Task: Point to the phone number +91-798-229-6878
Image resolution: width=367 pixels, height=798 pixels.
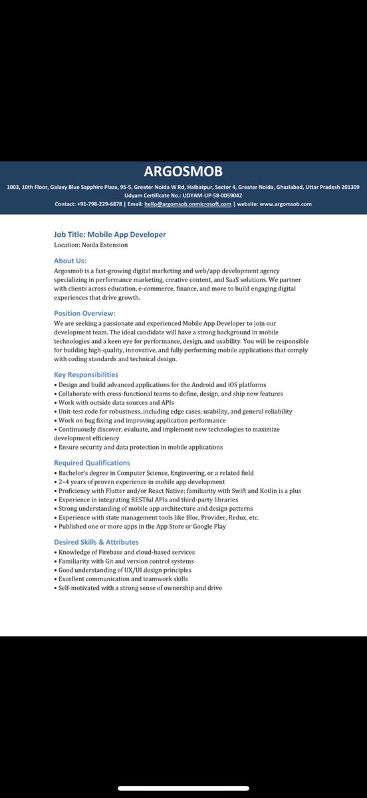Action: pyautogui.click(x=99, y=204)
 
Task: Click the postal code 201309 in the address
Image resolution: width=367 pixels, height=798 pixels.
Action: pyautogui.click(x=349, y=187)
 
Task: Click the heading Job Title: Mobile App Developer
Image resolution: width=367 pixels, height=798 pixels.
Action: pyautogui.click(x=110, y=234)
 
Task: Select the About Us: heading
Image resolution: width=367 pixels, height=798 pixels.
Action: pyautogui.click(x=70, y=261)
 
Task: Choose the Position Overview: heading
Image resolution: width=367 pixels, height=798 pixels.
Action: pyautogui.click(x=84, y=313)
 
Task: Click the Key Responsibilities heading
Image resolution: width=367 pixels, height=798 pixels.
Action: pyautogui.click(x=86, y=374)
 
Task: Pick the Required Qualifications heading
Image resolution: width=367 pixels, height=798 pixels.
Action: pyautogui.click(x=92, y=463)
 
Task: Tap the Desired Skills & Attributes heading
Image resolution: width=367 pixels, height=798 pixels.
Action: pyautogui.click(x=96, y=542)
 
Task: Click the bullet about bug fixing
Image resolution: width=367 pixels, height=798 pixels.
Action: pyautogui.click(x=141, y=420)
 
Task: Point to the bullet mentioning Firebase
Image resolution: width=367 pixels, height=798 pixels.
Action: pyautogui.click(x=126, y=552)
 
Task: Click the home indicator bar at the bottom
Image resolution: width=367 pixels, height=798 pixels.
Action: pyautogui.click(x=183, y=789)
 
